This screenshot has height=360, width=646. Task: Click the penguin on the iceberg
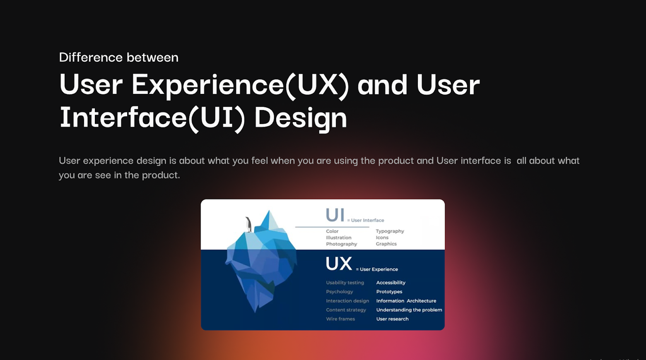pyautogui.click(x=248, y=224)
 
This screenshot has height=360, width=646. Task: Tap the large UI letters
pyautogui.click(x=335, y=215)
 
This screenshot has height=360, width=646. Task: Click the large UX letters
pyautogui.click(x=339, y=264)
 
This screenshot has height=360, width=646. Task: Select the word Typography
pyautogui.click(x=390, y=231)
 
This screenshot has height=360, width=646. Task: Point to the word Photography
pyautogui.click(x=342, y=244)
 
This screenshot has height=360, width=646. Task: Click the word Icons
pyautogui.click(x=382, y=238)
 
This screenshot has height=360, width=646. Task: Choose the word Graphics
pyautogui.click(x=386, y=244)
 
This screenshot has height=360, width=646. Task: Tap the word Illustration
pyautogui.click(x=339, y=238)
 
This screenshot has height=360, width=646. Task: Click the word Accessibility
pyautogui.click(x=391, y=283)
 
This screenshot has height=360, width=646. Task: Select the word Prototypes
pyautogui.click(x=389, y=292)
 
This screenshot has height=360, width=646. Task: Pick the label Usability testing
pyautogui.click(x=345, y=283)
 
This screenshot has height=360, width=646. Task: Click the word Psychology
pyautogui.click(x=340, y=292)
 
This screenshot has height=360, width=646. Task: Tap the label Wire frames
pyautogui.click(x=340, y=319)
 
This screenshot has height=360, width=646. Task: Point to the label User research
pyautogui.click(x=392, y=319)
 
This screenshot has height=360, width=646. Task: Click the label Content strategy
pyautogui.click(x=346, y=310)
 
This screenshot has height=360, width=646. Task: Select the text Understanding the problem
pyautogui.click(x=409, y=310)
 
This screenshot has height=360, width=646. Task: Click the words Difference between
pyautogui.click(x=118, y=57)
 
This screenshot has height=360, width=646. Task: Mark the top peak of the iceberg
pyautogui.click(x=269, y=210)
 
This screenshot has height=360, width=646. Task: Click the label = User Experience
pyautogui.click(x=377, y=269)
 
